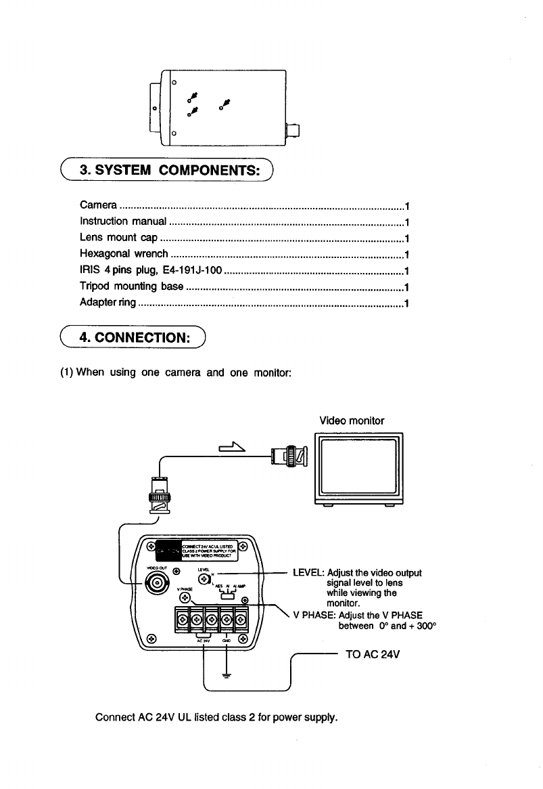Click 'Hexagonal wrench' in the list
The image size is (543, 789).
click(x=123, y=254)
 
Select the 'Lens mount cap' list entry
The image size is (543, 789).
click(x=118, y=238)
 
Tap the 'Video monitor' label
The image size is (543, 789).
click(x=352, y=421)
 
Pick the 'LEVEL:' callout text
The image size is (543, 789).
click(x=308, y=572)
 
